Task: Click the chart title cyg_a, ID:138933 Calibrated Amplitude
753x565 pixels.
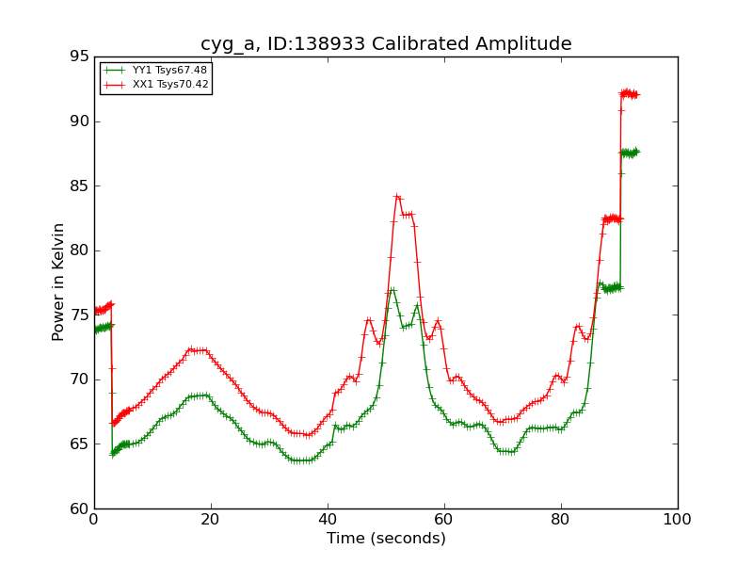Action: (x=386, y=44)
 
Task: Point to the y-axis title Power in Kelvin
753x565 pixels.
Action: (x=59, y=282)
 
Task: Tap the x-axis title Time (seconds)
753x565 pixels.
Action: (x=386, y=539)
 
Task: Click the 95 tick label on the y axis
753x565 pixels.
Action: (x=78, y=56)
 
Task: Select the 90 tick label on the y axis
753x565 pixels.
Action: (x=78, y=121)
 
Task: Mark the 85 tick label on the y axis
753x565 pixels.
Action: (x=78, y=186)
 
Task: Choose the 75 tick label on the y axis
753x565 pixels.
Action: (x=78, y=315)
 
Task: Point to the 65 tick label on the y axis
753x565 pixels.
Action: (x=78, y=444)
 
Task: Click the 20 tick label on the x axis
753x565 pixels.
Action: (x=211, y=520)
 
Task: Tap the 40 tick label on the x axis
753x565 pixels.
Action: (x=328, y=520)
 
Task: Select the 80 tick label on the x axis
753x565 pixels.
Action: (x=561, y=520)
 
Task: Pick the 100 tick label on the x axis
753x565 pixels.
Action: (x=678, y=520)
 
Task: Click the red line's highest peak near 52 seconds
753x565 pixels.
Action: (x=397, y=197)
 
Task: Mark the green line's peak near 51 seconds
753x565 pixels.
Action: (x=392, y=290)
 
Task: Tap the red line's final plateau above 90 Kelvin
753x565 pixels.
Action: (x=629, y=93)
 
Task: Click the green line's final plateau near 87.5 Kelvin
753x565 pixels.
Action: (x=629, y=153)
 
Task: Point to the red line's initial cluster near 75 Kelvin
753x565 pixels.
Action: (x=102, y=309)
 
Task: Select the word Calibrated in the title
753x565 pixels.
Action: (x=415, y=44)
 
